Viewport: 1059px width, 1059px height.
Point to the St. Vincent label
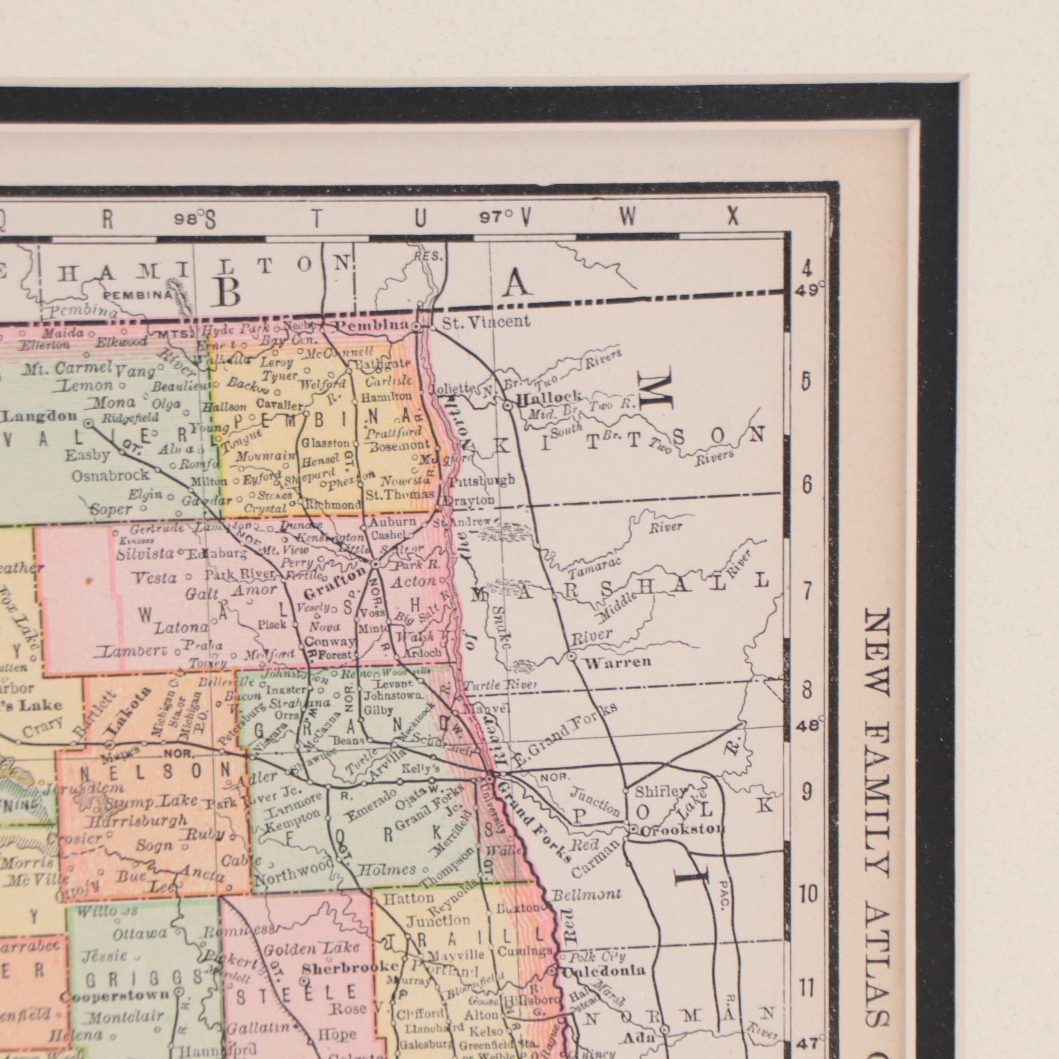click(x=486, y=322)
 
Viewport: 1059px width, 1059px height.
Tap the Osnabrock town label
click(x=110, y=475)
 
